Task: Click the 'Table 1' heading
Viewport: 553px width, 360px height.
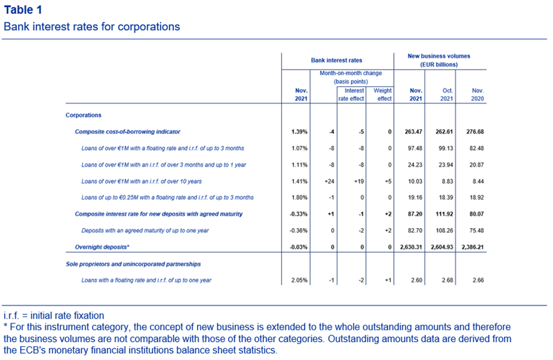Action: [x=23, y=10]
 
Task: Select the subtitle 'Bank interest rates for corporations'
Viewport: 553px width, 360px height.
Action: [x=92, y=27]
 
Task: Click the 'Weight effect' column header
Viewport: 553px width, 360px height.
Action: [x=383, y=95]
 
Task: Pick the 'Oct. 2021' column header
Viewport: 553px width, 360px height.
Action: [x=447, y=95]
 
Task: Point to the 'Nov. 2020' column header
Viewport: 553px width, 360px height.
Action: [x=478, y=95]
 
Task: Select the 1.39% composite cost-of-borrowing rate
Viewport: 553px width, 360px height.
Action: [x=299, y=132]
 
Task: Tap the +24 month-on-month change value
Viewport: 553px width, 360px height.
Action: [x=329, y=182]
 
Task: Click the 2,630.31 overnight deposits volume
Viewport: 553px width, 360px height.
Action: [x=411, y=247]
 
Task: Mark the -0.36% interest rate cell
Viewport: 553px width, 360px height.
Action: [x=299, y=231]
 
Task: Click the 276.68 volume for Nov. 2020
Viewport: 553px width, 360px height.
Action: [x=475, y=132]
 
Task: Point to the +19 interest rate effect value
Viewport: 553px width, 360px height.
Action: [x=359, y=182]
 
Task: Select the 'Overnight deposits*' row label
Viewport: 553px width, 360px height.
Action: [x=102, y=247]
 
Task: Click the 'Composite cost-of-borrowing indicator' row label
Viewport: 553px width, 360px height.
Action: [x=127, y=132]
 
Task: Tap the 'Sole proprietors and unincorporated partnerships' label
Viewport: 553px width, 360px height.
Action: [x=133, y=264]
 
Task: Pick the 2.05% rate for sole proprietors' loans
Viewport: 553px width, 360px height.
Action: [x=299, y=281]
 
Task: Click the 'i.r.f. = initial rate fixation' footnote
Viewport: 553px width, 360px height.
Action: [x=54, y=316]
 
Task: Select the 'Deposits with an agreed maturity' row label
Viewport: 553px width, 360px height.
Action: [x=145, y=231]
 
